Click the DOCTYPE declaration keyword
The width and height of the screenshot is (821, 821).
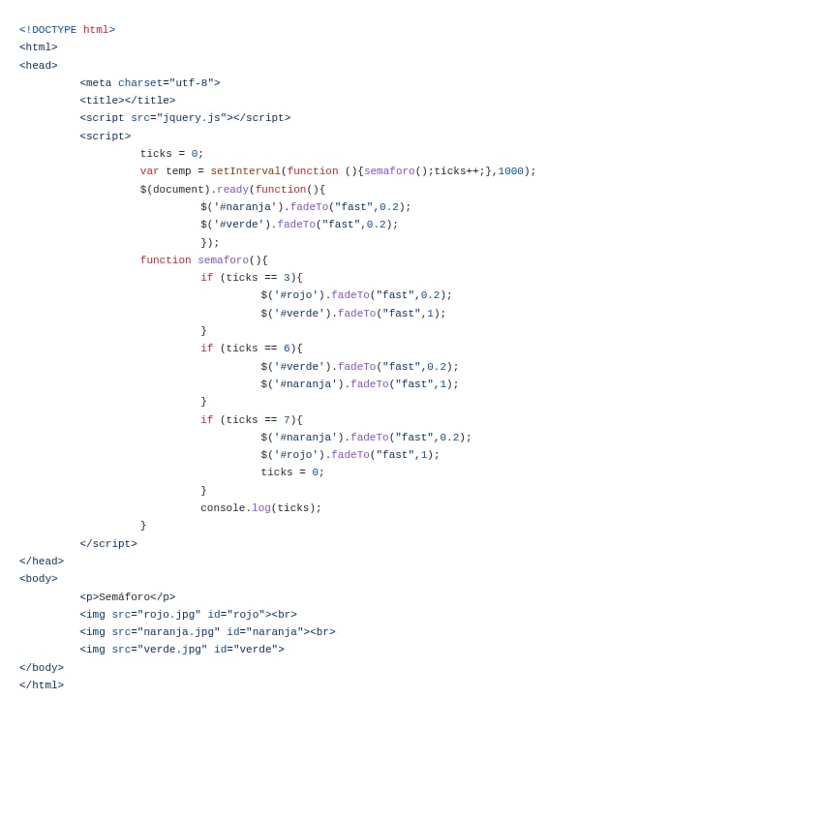coord(54,30)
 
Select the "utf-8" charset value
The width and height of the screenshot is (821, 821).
coord(192,83)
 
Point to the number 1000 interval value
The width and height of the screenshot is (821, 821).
coord(510,171)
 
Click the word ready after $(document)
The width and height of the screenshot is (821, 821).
coord(232,190)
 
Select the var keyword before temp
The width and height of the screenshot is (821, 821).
coord(149,171)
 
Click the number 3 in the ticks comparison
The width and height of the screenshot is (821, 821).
coord(287,278)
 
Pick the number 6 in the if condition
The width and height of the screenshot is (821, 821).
coord(287,349)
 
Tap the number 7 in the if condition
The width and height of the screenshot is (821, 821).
coord(287,420)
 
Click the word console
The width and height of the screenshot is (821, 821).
coord(223,508)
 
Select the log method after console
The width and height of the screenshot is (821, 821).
coord(261,508)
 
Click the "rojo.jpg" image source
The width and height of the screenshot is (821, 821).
coord(169,615)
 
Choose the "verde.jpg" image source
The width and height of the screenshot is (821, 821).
coord(172,650)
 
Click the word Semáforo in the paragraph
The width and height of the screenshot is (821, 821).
coord(124,597)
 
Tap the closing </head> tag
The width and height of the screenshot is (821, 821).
coord(42,562)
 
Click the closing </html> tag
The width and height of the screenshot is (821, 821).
coord(42,685)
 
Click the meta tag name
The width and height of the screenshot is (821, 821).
coord(99,83)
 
